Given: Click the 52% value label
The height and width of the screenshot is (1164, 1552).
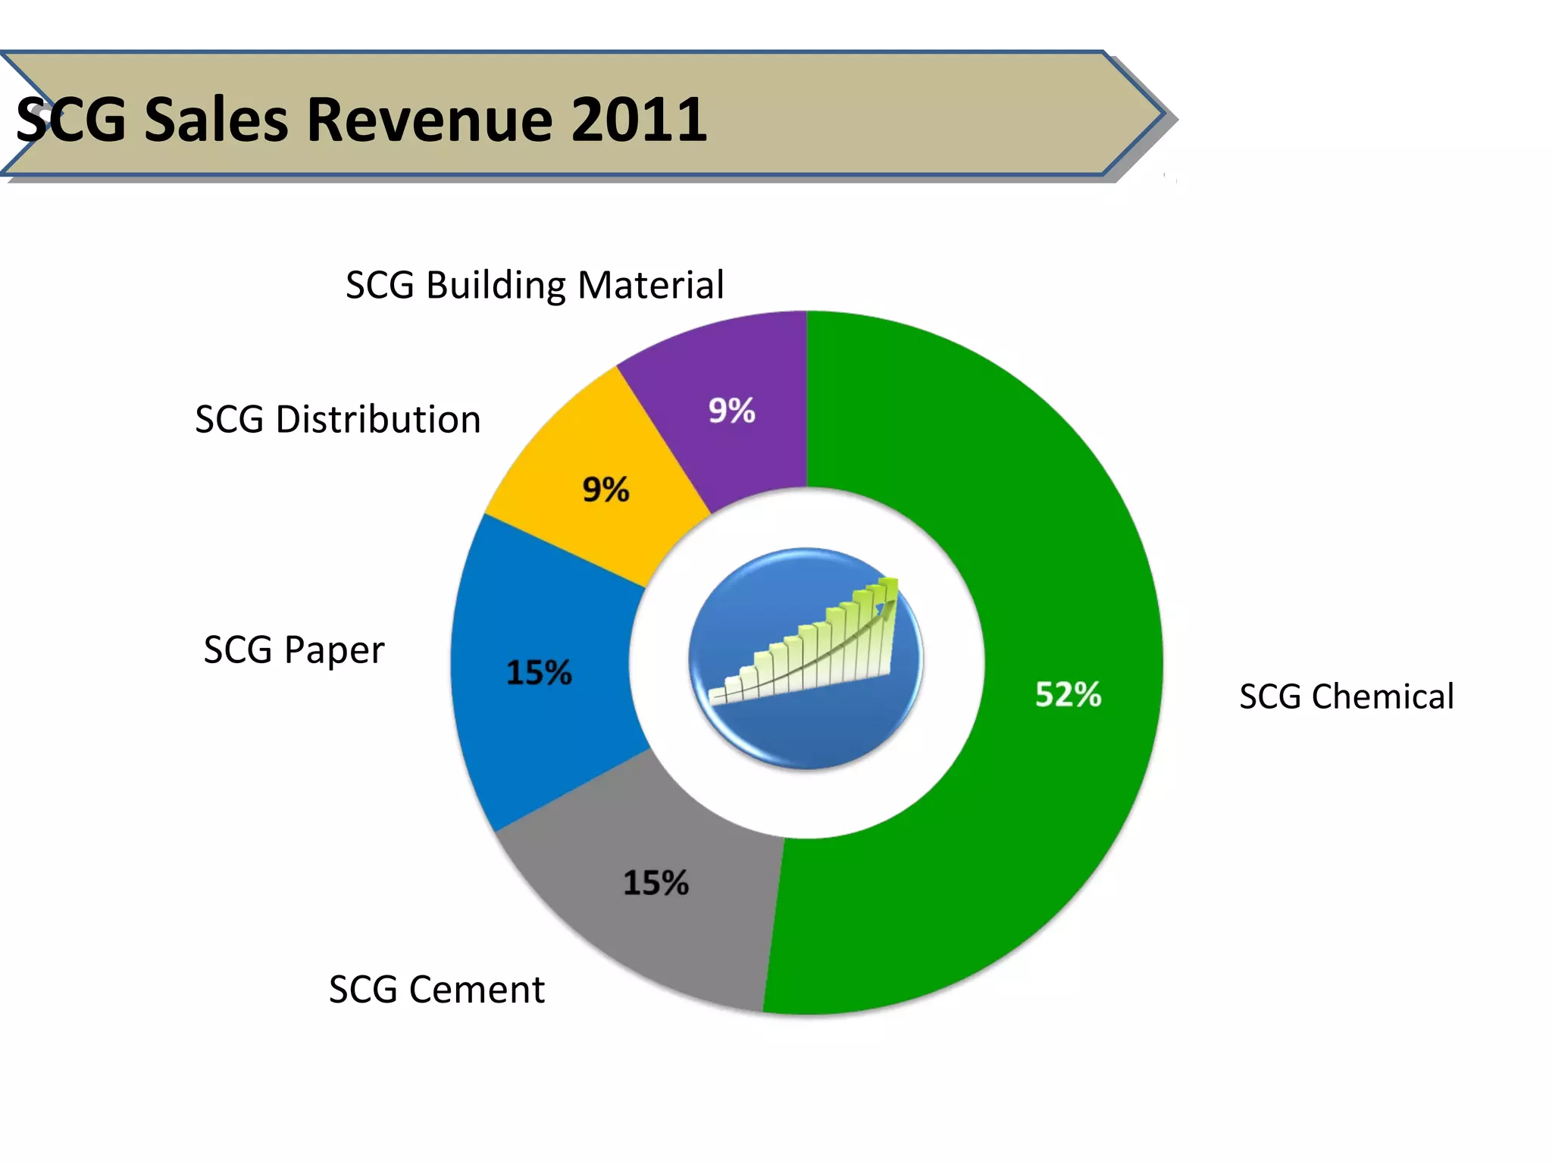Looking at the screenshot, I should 1068,694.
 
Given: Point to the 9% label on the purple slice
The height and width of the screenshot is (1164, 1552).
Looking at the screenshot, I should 731,411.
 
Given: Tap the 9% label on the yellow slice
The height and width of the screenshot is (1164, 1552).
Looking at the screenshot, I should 605,490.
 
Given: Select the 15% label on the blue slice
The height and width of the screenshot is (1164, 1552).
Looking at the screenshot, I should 539,672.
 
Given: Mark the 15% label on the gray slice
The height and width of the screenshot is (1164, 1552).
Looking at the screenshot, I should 656,883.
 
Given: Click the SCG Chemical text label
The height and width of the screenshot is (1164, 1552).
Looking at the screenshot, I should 1346,696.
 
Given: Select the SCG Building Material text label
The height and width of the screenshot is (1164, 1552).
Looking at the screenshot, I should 534,286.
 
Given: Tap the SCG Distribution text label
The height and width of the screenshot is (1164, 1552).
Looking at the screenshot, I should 338,419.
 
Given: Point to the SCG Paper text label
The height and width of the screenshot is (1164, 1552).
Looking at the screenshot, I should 294,649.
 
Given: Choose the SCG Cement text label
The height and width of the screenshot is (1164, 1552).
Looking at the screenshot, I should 436,989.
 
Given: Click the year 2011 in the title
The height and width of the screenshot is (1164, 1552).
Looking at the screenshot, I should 638,119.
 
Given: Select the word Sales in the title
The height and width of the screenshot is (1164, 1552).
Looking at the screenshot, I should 217,119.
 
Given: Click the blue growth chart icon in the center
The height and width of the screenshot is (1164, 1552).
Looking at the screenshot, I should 806,658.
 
